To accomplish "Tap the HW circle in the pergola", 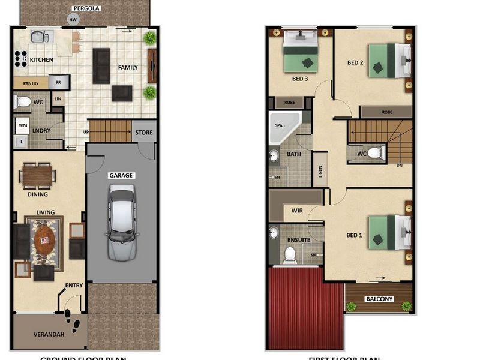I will (73, 20).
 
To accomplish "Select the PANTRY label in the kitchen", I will (27, 83).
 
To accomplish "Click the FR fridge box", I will (59, 82).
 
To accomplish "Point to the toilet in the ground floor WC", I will (23, 101).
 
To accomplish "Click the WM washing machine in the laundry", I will (23, 125).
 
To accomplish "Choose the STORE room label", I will (144, 133).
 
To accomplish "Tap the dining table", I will (38, 175).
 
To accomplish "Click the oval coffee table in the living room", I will (44, 240).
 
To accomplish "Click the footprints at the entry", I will (72, 321).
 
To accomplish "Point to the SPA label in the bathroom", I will (278, 126).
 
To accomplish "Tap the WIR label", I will (296, 211).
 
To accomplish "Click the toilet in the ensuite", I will (290, 254).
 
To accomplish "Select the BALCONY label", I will (379, 299).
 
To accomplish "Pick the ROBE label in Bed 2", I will (386, 112).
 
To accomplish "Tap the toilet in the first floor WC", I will (375, 152).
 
